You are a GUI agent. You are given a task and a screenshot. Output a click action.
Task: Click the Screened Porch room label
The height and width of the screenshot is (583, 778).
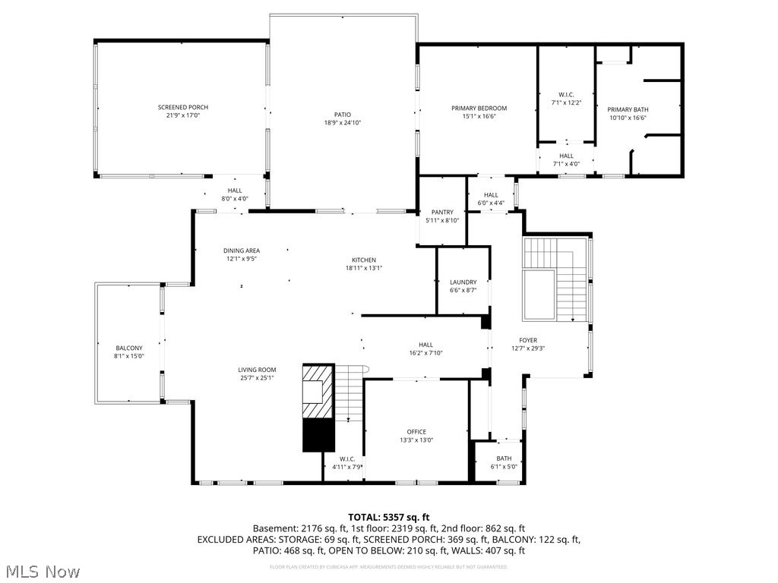coord(182,107)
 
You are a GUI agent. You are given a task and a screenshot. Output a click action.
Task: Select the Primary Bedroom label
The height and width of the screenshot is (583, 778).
coord(479,109)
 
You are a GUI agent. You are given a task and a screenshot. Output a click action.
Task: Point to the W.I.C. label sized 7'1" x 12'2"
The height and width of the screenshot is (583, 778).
coord(566,94)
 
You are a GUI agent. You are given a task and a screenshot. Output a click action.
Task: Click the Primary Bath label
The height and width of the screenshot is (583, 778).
coord(628,109)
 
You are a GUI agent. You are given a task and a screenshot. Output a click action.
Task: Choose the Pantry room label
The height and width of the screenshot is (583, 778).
coord(442,212)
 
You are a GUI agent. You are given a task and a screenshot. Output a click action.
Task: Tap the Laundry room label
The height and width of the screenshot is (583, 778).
coord(463,282)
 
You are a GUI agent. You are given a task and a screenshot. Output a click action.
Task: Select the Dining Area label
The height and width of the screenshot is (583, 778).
coord(242,251)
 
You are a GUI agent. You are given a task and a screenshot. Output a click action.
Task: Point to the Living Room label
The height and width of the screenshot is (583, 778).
coord(256,370)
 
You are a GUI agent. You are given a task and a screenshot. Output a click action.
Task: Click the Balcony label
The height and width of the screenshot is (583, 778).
coord(128,348)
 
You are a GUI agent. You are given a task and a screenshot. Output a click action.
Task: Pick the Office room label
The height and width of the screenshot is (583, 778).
coord(416,432)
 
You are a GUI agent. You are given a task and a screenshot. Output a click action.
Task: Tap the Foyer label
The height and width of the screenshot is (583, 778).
coord(528,341)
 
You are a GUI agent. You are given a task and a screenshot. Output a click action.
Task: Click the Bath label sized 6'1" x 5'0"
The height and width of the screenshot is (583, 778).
coord(504,458)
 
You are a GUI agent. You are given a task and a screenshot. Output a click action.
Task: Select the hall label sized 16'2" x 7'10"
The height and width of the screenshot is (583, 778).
coord(425,344)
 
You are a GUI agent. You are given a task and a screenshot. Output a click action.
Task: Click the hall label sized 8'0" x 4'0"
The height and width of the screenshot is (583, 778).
coord(235,191)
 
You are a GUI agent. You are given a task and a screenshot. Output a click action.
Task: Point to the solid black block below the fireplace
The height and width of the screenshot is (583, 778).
coord(318,435)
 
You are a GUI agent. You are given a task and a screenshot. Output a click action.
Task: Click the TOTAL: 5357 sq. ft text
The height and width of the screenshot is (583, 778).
coord(388,517)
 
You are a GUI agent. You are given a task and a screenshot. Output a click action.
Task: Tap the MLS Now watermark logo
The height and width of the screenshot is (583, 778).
coord(42,571)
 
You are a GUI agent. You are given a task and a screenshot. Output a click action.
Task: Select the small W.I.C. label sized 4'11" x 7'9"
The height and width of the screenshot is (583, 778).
coord(347,459)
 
